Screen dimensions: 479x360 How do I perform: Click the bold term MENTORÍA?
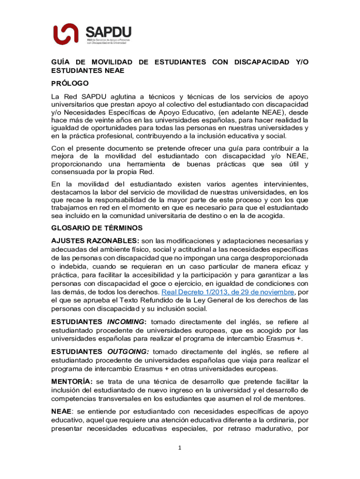(x=71, y=382)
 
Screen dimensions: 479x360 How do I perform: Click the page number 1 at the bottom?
(x=180, y=448)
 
